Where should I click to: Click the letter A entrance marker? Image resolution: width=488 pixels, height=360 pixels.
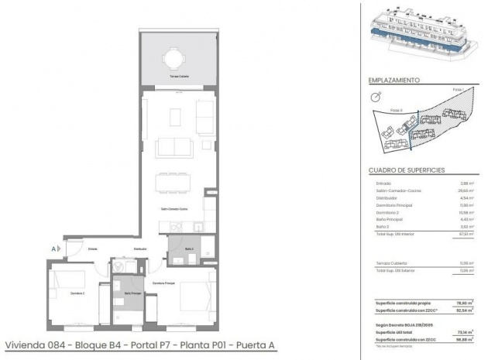coord(54,249)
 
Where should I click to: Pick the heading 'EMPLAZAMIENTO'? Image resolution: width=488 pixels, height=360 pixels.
coord(394,80)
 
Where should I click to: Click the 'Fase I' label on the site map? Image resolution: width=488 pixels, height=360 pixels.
coord(457,90)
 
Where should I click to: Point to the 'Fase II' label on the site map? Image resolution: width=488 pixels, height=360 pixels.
coord(395,110)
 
